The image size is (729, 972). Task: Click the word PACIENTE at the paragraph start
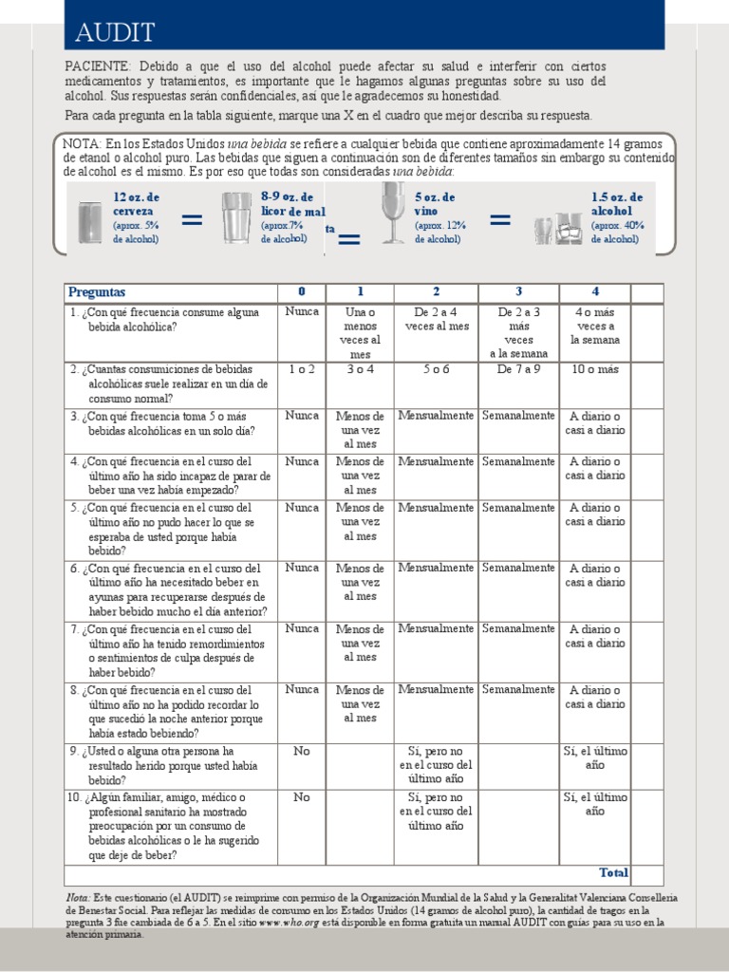[x=98, y=66]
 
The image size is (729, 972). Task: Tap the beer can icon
[x=90, y=221]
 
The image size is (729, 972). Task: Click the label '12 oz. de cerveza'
[x=137, y=203]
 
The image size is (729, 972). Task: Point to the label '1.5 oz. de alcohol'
[x=617, y=203]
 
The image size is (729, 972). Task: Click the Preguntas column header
[x=97, y=291]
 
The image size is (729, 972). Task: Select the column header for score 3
[x=518, y=291]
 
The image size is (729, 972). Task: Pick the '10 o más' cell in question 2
[x=595, y=369]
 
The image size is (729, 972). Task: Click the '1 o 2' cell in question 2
[x=302, y=369]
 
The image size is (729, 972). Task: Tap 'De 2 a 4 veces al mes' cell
[x=437, y=319]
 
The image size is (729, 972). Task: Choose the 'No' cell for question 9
[x=302, y=751]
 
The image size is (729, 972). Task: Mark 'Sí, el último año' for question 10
[x=595, y=804]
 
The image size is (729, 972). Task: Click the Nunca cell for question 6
[x=302, y=568]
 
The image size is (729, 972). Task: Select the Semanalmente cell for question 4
[x=518, y=461]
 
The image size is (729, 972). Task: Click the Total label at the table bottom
[x=613, y=872]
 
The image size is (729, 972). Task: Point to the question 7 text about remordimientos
[x=171, y=650]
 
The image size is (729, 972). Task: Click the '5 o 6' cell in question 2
[x=437, y=369]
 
